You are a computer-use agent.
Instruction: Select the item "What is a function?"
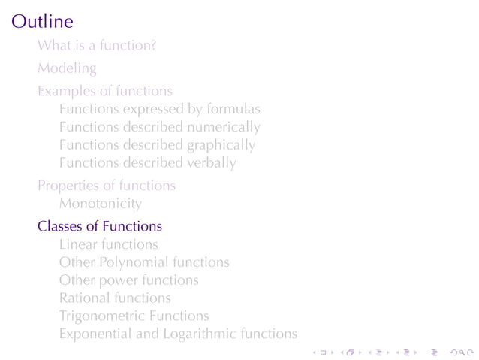click(x=97, y=45)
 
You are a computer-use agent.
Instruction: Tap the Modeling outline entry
click(x=67, y=68)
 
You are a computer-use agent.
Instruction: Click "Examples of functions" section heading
click(x=104, y=92)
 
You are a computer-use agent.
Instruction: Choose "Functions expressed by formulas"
click(x=159, y=110)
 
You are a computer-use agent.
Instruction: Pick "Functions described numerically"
click(x=159, y=127)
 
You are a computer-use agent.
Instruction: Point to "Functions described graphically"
click(x=157, y=145)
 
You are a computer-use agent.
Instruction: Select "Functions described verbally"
click(x=147, y=162)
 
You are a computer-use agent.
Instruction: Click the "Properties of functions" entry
click(x=107, y=186)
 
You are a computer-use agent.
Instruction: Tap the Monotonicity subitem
click(x=100, y=203)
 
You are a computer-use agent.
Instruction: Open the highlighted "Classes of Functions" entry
click(x=99, y=226)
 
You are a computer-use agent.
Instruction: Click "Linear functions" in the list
click(x=108, y=244)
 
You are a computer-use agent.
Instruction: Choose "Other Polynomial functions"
click(x=144, y=262)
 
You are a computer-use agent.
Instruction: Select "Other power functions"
click(x=128, y=280)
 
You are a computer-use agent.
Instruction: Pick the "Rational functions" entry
click(x=114, y=298)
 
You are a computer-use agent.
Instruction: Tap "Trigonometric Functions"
click(x=134, y=316)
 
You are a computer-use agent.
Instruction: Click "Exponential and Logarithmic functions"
click(x=178, y=334)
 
